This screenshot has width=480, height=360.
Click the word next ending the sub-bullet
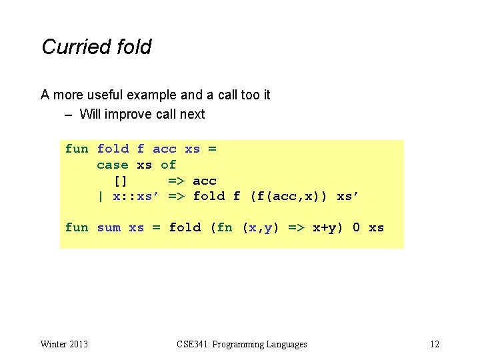[192, 114]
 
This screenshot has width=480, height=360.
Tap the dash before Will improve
[69, 114]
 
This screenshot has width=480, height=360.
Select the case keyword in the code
[113, 165]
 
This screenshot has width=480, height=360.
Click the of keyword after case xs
[169, 165]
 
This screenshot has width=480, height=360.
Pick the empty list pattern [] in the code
[121, 181]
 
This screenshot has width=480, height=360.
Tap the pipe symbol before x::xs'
[101, 197]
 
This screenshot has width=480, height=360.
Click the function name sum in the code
[109, 228]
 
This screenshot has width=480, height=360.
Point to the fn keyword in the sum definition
[224, 228]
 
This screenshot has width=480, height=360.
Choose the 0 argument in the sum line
[357, 228]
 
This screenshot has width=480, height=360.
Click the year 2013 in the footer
[77, 344]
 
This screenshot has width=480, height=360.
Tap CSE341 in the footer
[192, 344]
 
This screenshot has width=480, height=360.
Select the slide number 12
[435, 344]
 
